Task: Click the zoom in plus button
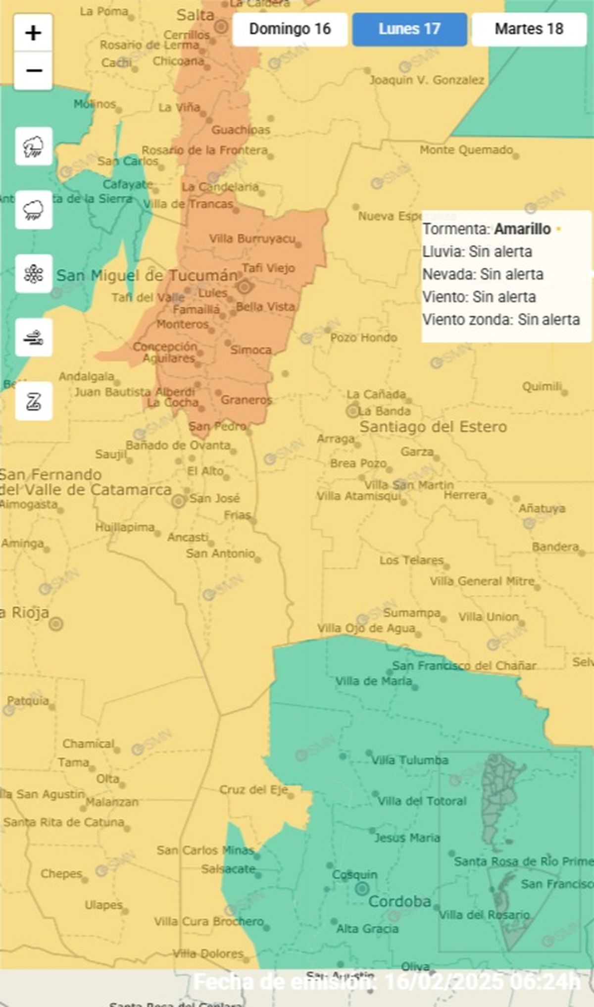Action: pos(33,33)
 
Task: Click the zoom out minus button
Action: pos(33,71)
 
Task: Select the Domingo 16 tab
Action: pos(290,29)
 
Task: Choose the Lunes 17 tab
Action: pos(409,29)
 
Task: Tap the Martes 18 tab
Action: pos(529,29)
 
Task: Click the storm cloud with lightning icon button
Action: pos(34,146)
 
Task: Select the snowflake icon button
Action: pos(34,274)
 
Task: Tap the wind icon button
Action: pos(34,338)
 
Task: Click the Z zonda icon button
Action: pos(34,401)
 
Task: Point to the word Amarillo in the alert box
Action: pos(522,229)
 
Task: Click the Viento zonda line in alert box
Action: pos(500,320)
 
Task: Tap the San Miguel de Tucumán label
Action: pos(147,276)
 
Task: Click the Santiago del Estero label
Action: pos(433,427)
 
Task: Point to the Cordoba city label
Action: pos(399,902)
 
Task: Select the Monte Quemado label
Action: pos(466,150)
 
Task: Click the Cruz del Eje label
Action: pos(253,789)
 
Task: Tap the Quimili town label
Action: pos(542,386)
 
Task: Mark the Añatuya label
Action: pos(542,508)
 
